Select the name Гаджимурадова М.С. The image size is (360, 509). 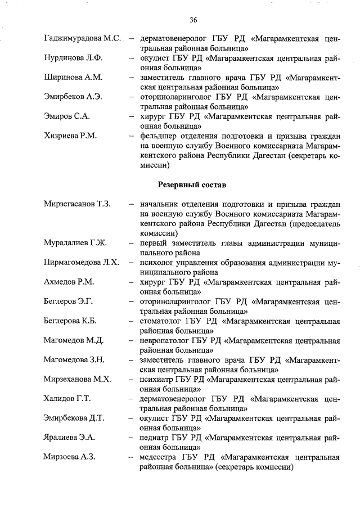[x=82, y=39]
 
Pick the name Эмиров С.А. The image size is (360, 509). [x=67, y=116]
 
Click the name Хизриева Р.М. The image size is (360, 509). [x=70, y=136]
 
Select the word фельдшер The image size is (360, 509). [x=161, y=136]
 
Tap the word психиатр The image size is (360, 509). [x=157, y=379]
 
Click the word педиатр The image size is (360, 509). [x=156, y=437]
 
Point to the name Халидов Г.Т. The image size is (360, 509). [x=67, y=398]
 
